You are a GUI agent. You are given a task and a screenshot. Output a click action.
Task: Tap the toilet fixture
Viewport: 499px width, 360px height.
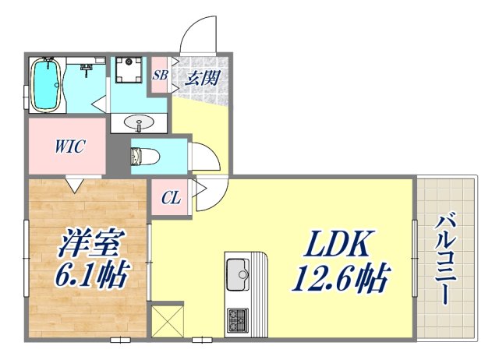click(x=145, y=157)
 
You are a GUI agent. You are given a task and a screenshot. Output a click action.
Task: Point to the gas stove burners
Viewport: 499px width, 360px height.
click(x=237, y=319)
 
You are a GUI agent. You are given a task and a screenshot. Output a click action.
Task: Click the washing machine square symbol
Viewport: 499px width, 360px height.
click(x=127, y=72)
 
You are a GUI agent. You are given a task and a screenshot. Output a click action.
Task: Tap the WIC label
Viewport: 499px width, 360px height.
click(x=69, y=146)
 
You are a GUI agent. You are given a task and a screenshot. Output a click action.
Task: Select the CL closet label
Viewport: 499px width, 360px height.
click(x=171, y=198)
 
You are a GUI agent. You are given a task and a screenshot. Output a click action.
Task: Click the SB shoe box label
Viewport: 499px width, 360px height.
click(x=160, y=76)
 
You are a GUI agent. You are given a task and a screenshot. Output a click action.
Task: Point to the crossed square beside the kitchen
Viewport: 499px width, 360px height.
click(x=167, y=320)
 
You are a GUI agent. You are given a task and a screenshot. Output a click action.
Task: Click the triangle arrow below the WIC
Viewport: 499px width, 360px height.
click(x=76, y=185)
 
